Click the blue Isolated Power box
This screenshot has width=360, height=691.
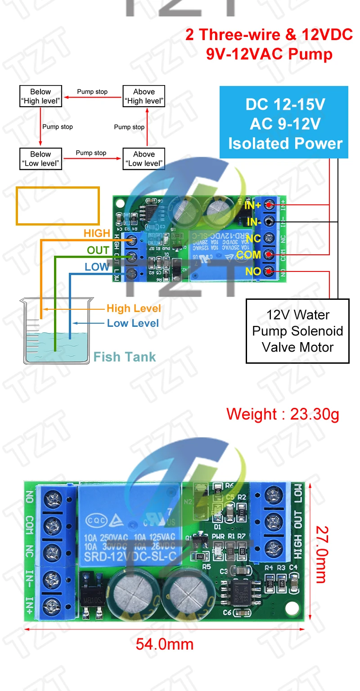click(284, 122)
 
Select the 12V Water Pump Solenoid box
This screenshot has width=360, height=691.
click(297, 331)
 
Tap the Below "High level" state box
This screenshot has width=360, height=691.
click(40, 96)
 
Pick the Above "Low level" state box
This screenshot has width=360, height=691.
click(144, 158)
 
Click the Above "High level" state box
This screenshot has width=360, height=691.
click(144, 96)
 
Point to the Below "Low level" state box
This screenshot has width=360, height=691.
click(40, 158)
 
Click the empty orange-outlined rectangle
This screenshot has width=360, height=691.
click(58, 206)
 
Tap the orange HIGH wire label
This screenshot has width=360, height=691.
click(97, 233)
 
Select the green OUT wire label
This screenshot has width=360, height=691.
click(98, 250)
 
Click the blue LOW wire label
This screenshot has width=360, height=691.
click(97, 267)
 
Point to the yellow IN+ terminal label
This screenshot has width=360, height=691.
click(252, 205)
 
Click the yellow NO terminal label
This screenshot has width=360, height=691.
click(253, 271)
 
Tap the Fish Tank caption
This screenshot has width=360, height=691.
click(125, 357)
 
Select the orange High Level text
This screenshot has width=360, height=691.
click(134, 308)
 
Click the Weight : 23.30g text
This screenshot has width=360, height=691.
click(283, 414)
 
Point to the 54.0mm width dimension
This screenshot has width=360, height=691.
click(165, 644)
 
